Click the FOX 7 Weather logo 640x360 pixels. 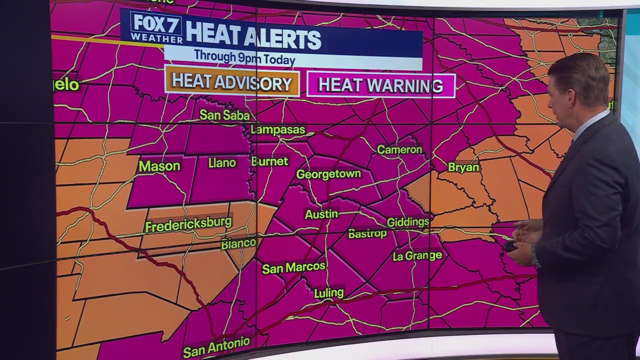156,27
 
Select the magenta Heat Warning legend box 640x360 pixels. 380,85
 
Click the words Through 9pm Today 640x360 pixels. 244,56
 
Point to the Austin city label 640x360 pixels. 321,214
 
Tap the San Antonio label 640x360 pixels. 216,347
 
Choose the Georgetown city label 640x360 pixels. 328,174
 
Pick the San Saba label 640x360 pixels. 224,115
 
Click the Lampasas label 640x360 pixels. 277,129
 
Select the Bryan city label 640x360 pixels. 463,167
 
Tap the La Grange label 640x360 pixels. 417,256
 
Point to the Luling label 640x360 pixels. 329,292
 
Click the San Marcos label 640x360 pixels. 294,267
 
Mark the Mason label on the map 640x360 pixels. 159,166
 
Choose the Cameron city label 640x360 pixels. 399,149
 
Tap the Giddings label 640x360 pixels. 408,221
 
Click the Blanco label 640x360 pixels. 238,243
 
